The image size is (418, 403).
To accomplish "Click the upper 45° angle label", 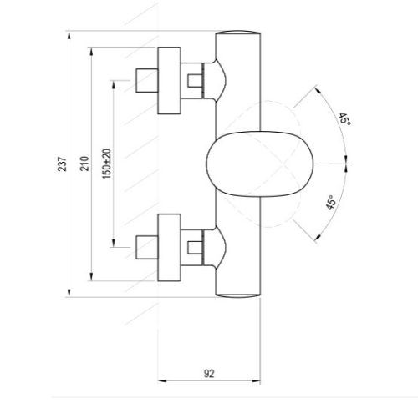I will click(x=344, y=120).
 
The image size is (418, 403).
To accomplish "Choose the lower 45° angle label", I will click(x=332, y=204).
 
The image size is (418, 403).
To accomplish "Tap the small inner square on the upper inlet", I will click(x=196, y=80).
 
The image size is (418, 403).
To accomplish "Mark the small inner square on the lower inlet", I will click(x=196, y=247).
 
